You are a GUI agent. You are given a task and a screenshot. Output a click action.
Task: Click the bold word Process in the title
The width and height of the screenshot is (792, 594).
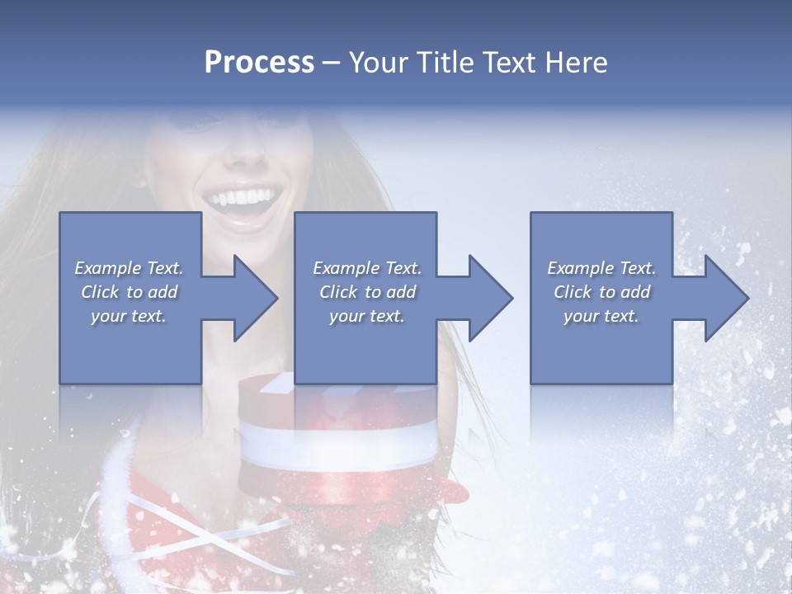[259, 63]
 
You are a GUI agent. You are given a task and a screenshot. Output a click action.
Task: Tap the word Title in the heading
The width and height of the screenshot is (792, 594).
[443, 63]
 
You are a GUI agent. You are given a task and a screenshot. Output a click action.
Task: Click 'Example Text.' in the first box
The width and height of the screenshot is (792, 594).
[129, 268]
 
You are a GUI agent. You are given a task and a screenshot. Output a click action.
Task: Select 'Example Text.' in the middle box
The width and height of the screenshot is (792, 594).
[367, 268]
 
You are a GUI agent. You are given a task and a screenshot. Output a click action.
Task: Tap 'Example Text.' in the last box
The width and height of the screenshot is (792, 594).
[601, 268]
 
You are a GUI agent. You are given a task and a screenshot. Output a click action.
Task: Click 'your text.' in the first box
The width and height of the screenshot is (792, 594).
[129, 316]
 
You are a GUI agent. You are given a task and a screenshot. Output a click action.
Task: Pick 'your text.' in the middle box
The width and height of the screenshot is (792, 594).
[367, 316]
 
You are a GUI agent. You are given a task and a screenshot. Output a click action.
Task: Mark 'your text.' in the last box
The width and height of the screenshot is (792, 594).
[601, 316]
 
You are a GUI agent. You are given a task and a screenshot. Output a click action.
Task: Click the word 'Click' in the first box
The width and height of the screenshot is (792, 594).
[100, 292]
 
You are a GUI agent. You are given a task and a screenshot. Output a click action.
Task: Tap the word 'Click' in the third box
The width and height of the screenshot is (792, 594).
[573, 292]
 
